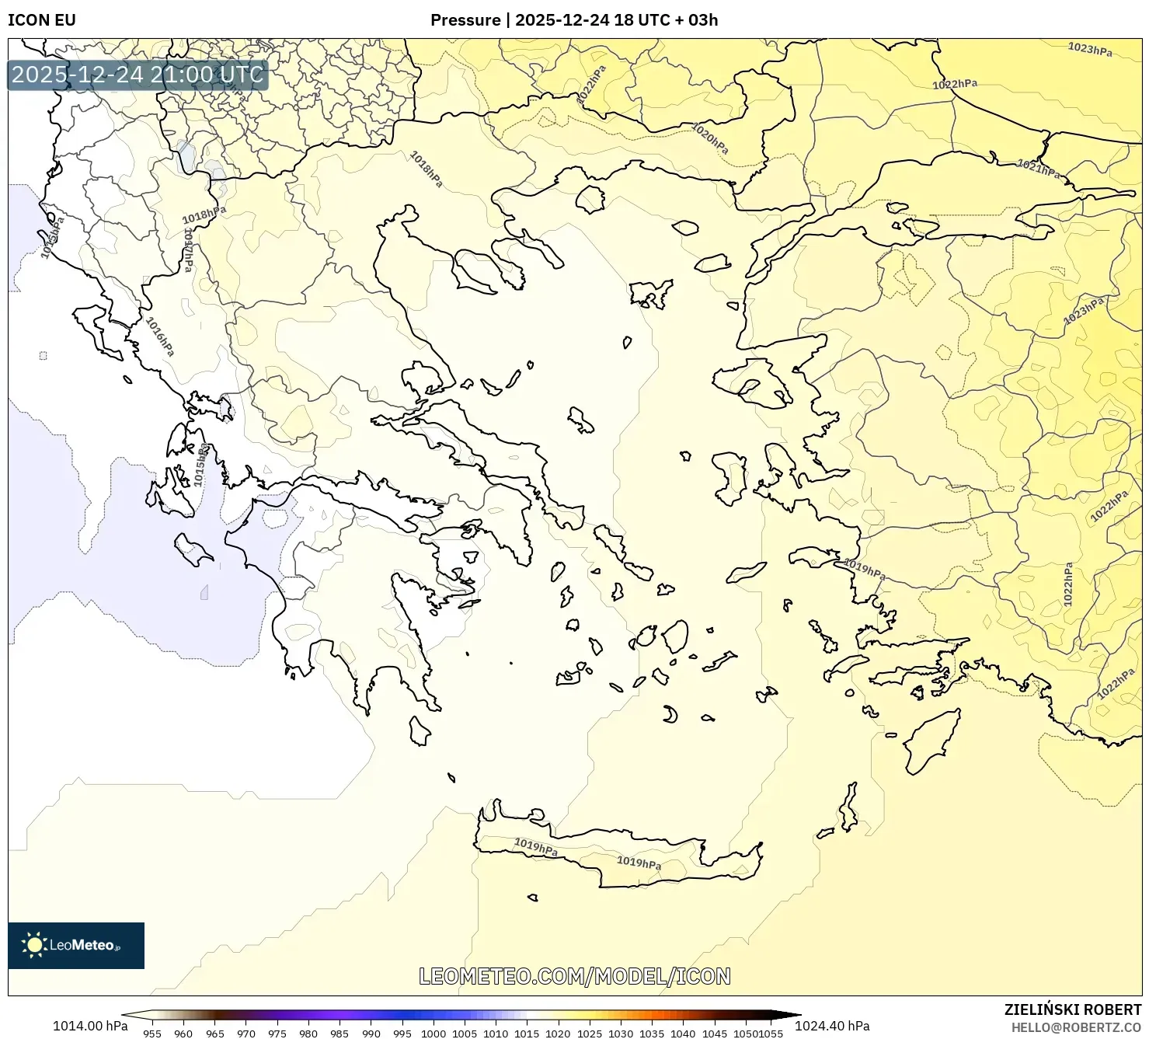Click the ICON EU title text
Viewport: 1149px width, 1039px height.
tap(42, 20)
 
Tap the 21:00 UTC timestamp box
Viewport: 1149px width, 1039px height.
tap(138, 75)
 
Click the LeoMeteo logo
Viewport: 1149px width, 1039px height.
tap(76, 945)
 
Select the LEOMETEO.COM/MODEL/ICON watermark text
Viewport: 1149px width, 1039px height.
tap(574, 977)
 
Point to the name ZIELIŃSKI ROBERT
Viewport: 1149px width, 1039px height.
tap(1072, 1009)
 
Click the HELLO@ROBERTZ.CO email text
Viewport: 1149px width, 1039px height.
tap(1076, 1027)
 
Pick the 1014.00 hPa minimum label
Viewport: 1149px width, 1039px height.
tap(90, 1026)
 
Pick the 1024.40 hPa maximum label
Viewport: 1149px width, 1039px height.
tap(832, 1026)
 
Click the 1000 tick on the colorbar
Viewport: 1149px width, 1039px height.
tap(433, 1034)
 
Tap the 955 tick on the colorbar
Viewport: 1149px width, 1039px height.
tap(152, 1034)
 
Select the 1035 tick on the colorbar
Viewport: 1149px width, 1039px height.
tap(652, 1034)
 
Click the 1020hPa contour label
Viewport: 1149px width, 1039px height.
tap(710, 139)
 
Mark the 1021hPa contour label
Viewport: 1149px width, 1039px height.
tap(1039, 169)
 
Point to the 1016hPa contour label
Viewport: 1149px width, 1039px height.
tap(160, 336)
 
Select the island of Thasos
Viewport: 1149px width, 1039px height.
tap(590, 200)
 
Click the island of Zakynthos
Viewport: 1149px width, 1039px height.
tap(193, 549)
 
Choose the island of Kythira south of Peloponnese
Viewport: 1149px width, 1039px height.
tap(420, 731)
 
